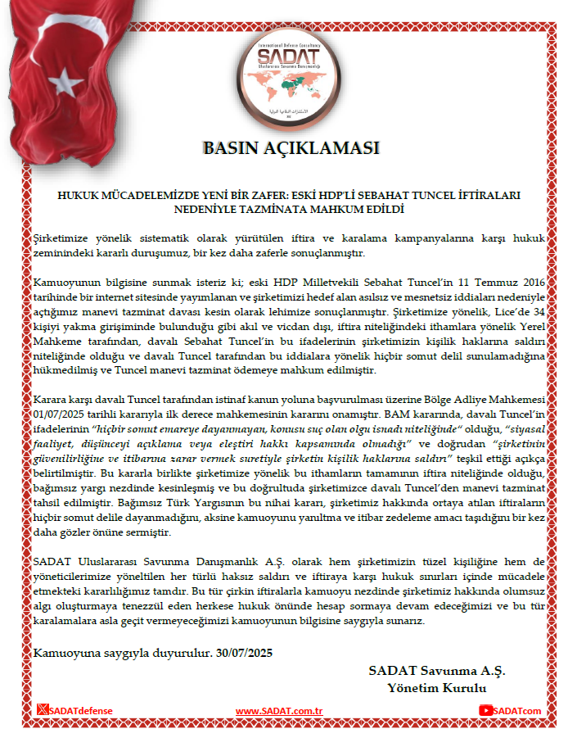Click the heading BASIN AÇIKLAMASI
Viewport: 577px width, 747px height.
291,148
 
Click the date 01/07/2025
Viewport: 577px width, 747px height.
63,415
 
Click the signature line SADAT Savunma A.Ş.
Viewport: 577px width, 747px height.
437,670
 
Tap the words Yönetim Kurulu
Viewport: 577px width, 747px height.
437,687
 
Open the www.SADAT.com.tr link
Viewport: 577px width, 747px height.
279,711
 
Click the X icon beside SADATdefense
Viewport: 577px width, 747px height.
43,711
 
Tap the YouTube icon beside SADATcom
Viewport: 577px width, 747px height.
486,711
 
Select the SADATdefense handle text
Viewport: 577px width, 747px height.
80,711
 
